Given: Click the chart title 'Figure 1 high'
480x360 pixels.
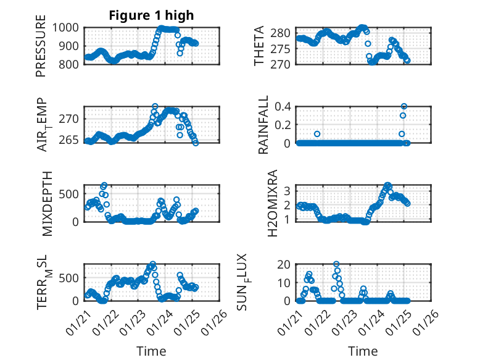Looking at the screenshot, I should click(x=151, y=15).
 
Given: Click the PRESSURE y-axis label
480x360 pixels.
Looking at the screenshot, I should click(x=41, y=50).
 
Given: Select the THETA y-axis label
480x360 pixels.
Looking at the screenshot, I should click(x=260, y=46).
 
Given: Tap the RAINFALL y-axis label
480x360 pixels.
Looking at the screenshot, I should click(x=263, y=125).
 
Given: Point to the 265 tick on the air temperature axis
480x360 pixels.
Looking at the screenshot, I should click(x=69, y=140).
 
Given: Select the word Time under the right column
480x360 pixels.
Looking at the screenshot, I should click(x=363, y=351).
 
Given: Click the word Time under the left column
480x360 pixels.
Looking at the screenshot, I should click(x=151, y=351).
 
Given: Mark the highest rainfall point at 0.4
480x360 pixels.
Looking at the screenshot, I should click(x=404, y=106).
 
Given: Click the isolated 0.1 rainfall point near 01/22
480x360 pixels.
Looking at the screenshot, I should click(x=317, y=134).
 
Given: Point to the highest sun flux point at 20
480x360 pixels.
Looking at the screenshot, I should click(x=336, y=264).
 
